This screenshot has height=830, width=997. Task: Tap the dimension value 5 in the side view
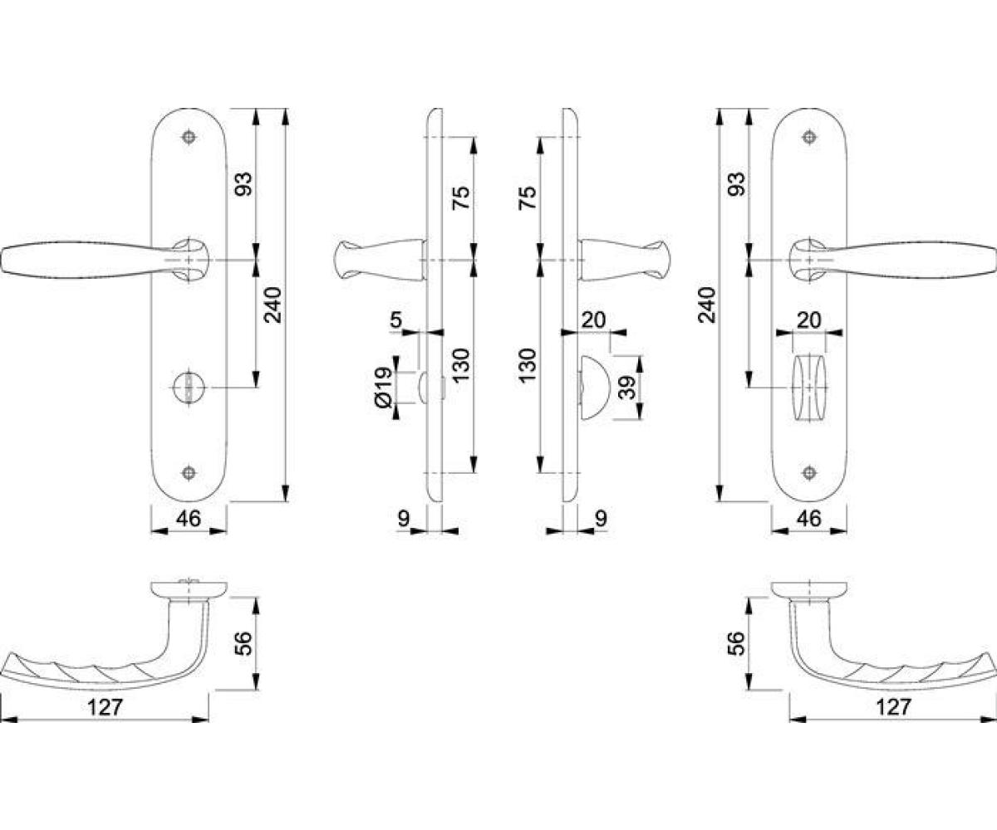pyautogui.click(x=395, y=319)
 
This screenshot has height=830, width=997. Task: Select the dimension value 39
pyautogui.click(x=627, y=388)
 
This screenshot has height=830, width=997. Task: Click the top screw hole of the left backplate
pyautogui.click(x=189, y=137)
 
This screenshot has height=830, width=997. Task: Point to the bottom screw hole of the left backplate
pyautogui.click(x=189, y=473)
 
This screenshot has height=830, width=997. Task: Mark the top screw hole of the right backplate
pyautogui.click(x=809, y=137)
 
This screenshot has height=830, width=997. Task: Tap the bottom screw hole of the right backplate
pyautogui.click(x=809, y=473)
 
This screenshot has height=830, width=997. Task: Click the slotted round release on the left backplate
pyautogui.click(x=189, y=388)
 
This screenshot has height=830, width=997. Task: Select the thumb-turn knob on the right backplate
pyautogui.click(x=809, y=388)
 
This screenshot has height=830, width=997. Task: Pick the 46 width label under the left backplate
pyautogui.click(x=189, y=519)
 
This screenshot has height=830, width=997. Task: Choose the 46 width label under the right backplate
pyautogui.click(x=809, y=519)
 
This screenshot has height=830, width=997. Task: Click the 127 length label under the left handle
pyautogui.click(x=106, y=707)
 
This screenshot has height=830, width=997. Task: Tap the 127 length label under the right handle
pyautogui.click(x=893, y=707)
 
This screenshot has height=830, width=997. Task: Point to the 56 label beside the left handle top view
pyautogui.click(x=243, y=643)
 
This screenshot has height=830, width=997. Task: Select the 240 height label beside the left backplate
pyautogui.click(x=273, y=305)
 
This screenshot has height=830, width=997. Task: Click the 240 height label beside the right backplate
pyautogui.click(x=707, y=305)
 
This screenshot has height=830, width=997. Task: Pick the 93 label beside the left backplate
pyautogui.click(x=243, y=184)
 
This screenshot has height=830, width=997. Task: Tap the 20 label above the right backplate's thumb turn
pyautogui.click(x=809, y=320)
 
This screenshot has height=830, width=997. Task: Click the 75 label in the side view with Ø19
pyautogui.click(x=461, y=198)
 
